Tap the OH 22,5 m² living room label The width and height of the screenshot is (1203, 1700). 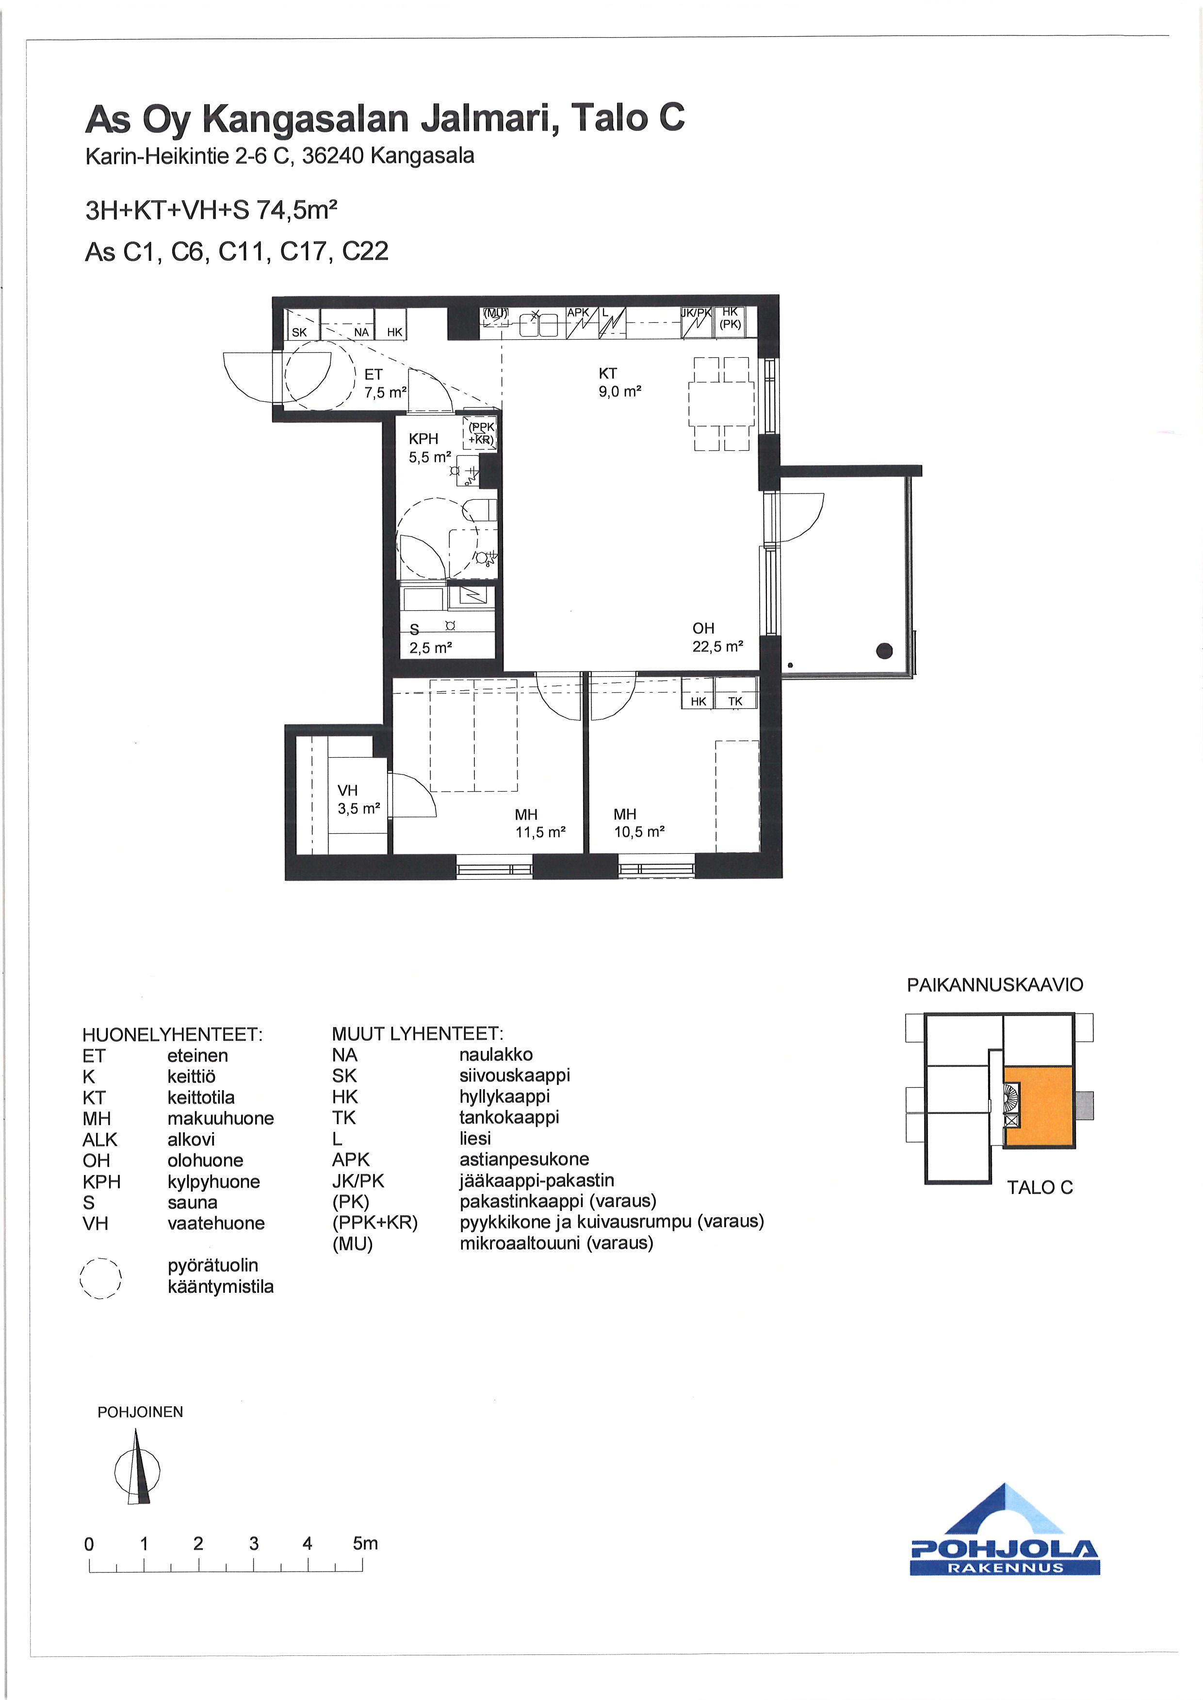click(717, 637)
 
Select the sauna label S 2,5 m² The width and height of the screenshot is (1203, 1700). click(430, 639)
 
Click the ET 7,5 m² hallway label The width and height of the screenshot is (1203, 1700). click(385, 383)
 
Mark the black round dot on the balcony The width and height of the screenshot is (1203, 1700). click(884, 651)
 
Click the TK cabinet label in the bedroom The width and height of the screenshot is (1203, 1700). click(735, 700)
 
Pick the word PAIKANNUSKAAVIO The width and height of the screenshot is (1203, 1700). click(995, 985)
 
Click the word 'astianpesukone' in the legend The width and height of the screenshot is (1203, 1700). click(524, 1160)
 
